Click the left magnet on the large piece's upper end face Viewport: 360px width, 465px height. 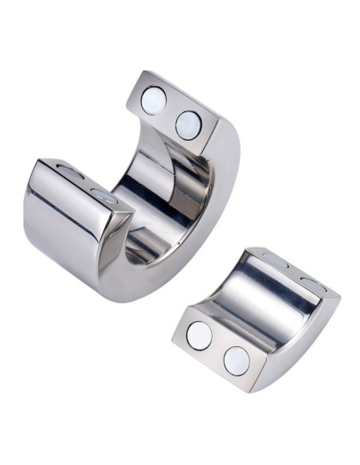tap(154, 100)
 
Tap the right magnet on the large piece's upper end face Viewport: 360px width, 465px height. tap(189, 123)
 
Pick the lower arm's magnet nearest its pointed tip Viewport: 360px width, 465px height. tap(104, 196)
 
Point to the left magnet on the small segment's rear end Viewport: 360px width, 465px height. tap(275, 261)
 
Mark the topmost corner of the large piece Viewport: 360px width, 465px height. tap(143, 72)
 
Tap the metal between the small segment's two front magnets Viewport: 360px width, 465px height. tap(217, 348)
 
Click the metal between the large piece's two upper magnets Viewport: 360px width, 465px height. tap(171, 112)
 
